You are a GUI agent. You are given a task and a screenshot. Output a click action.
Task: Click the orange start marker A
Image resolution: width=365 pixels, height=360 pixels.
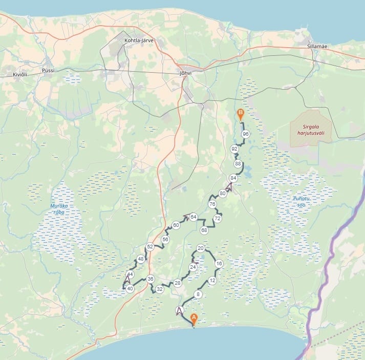[x=194, y=319]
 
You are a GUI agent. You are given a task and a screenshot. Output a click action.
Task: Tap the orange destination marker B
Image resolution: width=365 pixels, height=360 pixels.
[x=240, y=114]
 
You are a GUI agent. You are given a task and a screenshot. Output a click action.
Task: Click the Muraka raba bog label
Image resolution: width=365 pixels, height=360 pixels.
[x=59, y=209]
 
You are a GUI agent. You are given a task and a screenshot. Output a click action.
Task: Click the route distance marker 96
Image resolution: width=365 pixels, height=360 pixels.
[x=246, y=134]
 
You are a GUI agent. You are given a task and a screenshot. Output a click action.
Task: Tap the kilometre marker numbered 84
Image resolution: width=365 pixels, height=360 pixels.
[x=233, y=178]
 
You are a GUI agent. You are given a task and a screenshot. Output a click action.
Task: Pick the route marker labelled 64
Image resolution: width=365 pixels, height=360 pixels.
[x=194, y=217]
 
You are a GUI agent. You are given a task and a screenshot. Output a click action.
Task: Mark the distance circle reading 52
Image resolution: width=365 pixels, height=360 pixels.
[x=150, y=247]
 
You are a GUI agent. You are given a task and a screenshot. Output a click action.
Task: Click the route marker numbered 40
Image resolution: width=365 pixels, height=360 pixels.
[x=130, y=289]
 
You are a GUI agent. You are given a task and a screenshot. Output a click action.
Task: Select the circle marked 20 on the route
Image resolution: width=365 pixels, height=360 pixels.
[x=201, y=248]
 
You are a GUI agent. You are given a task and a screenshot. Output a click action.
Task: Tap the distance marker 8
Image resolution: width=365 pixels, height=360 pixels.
[x=198, y=294]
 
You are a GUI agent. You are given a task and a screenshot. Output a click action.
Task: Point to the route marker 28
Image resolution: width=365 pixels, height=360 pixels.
[x=178, y=283]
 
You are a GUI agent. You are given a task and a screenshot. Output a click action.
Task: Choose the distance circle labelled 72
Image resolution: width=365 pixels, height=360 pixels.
[x=217, y=219]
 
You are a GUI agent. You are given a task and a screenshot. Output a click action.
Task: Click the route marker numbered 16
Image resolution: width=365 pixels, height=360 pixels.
[x=219, y=264]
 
